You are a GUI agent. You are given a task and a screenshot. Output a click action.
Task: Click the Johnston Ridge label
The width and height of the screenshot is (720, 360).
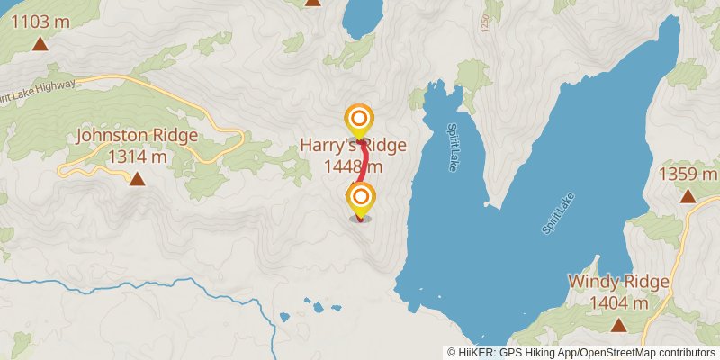(137, 136)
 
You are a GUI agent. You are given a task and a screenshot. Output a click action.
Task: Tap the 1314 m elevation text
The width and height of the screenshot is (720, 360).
(137, 157)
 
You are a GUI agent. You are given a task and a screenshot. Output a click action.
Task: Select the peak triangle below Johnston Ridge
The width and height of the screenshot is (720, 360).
(137, 179)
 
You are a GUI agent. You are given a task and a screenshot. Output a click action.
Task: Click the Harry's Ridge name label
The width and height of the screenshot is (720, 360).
(354, 146)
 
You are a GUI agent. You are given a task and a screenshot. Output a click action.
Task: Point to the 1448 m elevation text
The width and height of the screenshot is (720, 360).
(354, 166)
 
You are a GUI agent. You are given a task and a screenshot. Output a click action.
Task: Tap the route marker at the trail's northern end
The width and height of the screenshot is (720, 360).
(359, 119)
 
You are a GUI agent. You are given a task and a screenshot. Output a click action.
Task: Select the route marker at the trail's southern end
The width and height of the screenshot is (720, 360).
(361, 198)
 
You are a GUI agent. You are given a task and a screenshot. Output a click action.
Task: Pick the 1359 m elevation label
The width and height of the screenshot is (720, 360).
(688, 174)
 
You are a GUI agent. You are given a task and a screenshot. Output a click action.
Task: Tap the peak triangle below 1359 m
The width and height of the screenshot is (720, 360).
(688, 196)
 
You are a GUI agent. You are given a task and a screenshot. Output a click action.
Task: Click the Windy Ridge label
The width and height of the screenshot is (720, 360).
(618, 282)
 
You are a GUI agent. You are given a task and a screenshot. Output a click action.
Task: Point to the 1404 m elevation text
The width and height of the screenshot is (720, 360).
(618, 302)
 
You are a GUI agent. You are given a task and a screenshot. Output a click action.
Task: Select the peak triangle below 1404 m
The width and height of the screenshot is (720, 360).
(618, 325)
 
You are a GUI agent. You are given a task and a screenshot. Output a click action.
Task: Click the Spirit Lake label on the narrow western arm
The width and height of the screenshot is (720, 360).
(453, 148)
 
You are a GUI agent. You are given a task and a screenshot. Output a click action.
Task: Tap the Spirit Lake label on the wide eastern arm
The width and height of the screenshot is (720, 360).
(558, 213)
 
